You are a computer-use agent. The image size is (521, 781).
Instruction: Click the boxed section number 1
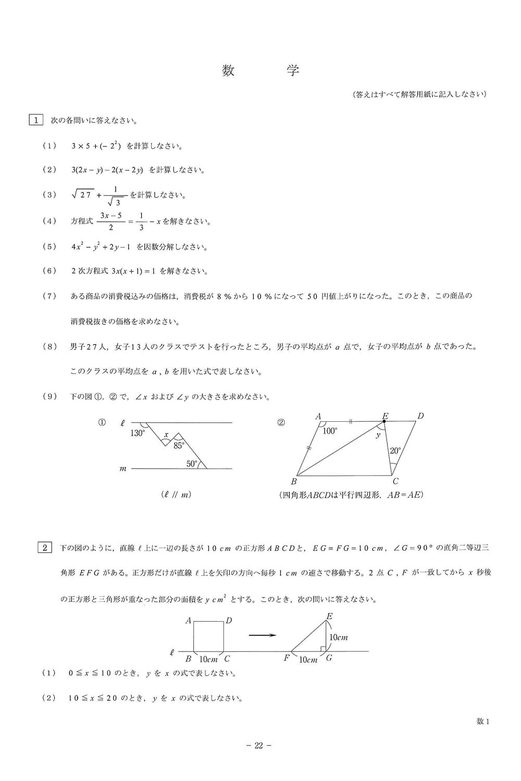[x=36, y=120]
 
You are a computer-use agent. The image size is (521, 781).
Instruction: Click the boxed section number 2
[x=45, y=547]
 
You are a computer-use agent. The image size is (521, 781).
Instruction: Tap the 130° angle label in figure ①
[x=138, y=432]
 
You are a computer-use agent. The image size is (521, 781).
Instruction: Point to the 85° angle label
[x=179, y=445]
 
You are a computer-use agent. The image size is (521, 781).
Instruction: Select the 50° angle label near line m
[x=192, y=463]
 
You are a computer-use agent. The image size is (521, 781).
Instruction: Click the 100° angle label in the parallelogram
[x=330, y=431]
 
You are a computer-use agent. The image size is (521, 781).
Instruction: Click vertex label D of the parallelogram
[x=420, y=415]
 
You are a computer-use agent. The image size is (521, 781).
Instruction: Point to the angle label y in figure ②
[x=378, y=435]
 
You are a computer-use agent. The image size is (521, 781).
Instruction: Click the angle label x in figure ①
[x=166, y=434]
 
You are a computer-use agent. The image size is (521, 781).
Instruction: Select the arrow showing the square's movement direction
[x=262, y=635]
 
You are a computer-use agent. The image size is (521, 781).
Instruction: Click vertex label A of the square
[x=188, y=620]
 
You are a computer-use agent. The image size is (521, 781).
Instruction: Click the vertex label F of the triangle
[x=287, y=658]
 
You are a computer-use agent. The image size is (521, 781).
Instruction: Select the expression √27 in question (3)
[x=82, y=195]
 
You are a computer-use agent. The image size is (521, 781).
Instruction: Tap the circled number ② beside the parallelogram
[x=281, y=423]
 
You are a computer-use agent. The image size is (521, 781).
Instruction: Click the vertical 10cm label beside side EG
[x=339, y=637]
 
